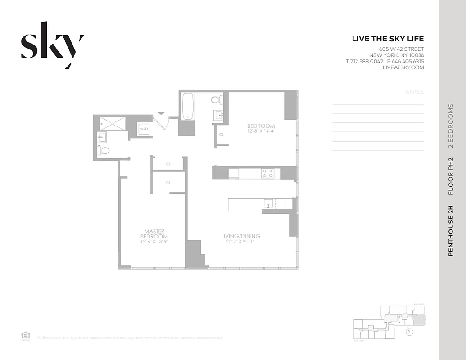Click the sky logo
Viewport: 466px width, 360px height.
click(52, 45)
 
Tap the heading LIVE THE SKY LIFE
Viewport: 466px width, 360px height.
click(388, 39)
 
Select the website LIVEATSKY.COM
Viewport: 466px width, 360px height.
click(403, 67)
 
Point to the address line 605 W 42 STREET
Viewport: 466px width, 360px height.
click(401, 49)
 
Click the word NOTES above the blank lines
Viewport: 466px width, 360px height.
click(415, 92)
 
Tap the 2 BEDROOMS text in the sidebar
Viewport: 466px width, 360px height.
click(451, 126)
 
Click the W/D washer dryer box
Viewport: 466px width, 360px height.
click(144, 129)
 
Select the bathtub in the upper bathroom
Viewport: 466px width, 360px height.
click(187, 106)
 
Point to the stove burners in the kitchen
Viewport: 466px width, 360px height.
click(267, 173)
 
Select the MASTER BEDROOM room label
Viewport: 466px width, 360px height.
click(154, 234)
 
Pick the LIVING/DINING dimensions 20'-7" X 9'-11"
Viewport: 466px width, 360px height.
click(240, 242)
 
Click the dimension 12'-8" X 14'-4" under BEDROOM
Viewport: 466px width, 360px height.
click(261, 131)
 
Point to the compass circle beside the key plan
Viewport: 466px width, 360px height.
click(409, 332)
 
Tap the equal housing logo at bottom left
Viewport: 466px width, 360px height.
click(26, 335)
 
